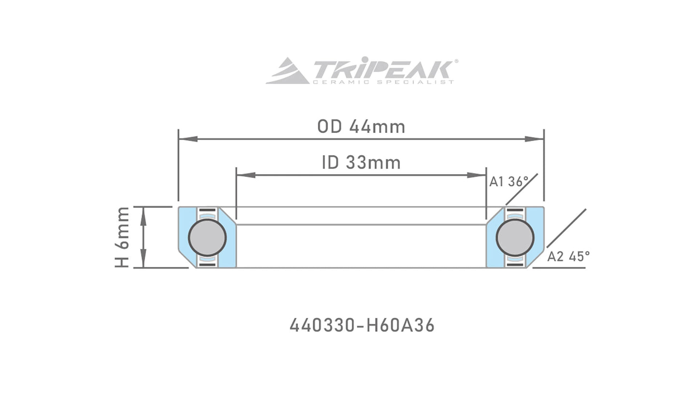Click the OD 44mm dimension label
[361, 127]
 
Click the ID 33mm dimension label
[361, 162]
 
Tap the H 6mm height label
[122, 237]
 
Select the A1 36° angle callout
[509, 182]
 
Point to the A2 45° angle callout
[568, 257]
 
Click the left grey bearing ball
[207, 237]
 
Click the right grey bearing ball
[515, 237]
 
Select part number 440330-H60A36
[362, 325]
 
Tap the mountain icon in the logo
[287, 72]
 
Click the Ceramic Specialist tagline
[383, 82]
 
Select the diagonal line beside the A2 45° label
[566, 228]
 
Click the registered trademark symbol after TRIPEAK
[456, 61]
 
